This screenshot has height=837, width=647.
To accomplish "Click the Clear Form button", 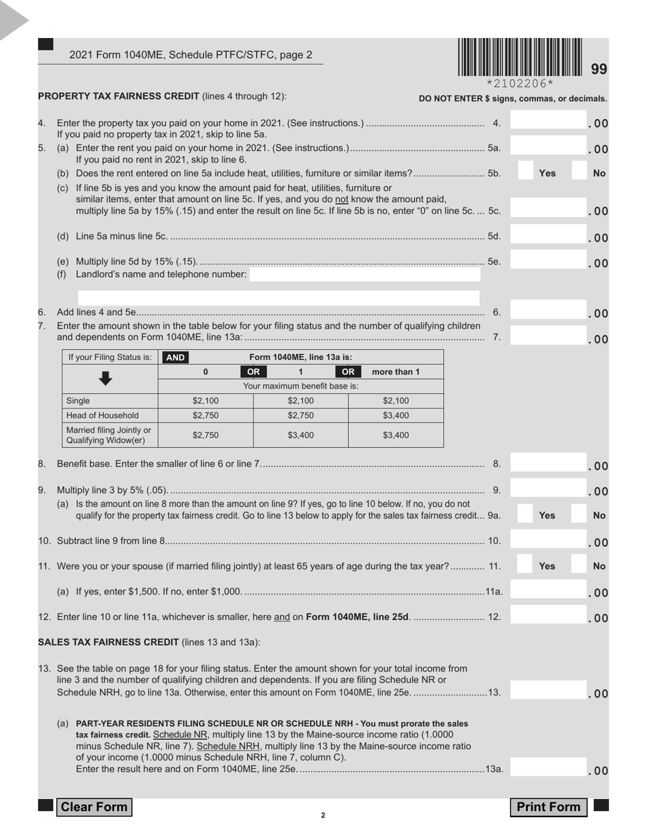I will (94, 807).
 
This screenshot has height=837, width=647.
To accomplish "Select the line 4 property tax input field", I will (547, 122).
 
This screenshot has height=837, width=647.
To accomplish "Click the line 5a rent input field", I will (547, 148).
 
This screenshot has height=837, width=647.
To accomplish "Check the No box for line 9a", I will (580, 516).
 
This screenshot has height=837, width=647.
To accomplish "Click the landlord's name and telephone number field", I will (364, 274).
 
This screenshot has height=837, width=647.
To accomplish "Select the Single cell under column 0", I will (206, 401).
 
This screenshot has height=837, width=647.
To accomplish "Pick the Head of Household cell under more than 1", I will (396, 415).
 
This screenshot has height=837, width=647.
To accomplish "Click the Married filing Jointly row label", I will (109, 434).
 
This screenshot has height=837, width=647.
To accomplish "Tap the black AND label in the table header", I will (175, 357).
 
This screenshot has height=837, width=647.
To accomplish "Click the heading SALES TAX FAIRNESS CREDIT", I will (108, 642).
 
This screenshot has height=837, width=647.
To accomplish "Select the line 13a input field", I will (547, 769).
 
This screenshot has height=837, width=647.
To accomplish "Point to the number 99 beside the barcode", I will (599, 69).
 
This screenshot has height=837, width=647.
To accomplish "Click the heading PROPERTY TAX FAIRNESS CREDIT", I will (119, 96).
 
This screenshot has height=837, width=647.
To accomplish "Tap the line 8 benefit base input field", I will (547, 465).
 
